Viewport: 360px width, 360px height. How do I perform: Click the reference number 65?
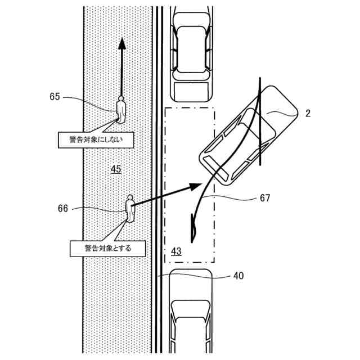(x=55, y=97)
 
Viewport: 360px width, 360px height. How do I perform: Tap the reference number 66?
(x=63, y=208)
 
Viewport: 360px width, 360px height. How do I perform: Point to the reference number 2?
(x=308, y=114)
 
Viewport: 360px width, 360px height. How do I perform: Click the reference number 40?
(x=238, y=276)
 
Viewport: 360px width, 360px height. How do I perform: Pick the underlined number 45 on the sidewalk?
(x=116, y=168)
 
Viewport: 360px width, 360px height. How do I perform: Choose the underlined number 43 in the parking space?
(x=176, y=251)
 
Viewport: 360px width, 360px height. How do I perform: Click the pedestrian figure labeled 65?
(x=121, y=110)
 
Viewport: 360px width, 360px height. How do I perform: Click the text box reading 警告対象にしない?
(x=96, y=139)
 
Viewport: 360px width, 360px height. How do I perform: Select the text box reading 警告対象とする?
(x=107, y=247)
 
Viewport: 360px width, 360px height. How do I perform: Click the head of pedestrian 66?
(x=130, y=198)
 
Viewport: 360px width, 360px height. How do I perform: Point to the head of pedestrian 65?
(x=121, y=98)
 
